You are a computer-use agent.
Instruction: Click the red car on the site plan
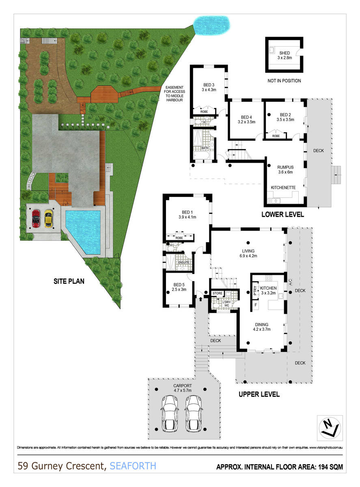(x=36, y=219)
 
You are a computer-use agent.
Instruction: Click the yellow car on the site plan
(x=49, y=218)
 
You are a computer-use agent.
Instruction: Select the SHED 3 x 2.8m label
(x=284, y=55)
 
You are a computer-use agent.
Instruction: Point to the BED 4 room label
(x=247, y=118)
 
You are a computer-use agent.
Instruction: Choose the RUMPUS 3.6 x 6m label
(x=285, y=169)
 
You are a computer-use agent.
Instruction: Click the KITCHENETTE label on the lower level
(x=283, y=187)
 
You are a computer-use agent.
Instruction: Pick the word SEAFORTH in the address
(x=132, y=465)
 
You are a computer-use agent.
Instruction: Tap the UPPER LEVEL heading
(x=259, y=394)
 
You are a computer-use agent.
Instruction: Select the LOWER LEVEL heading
(x=282, y=214)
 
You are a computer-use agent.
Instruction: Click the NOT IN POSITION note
(x=284, y=81)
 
